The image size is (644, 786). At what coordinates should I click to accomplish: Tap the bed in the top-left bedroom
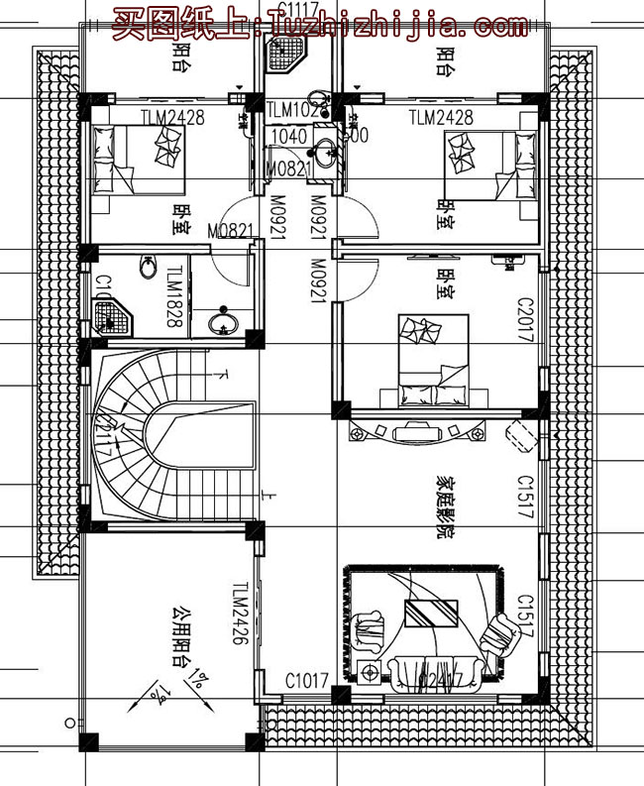139,160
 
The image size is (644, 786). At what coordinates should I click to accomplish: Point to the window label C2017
525,319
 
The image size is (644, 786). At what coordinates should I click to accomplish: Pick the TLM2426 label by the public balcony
239,615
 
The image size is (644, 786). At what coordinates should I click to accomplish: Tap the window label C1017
306,681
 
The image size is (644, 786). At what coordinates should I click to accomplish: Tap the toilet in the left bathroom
148,269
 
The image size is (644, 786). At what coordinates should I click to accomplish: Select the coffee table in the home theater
429,613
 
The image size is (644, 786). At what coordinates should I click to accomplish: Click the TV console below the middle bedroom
416,431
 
